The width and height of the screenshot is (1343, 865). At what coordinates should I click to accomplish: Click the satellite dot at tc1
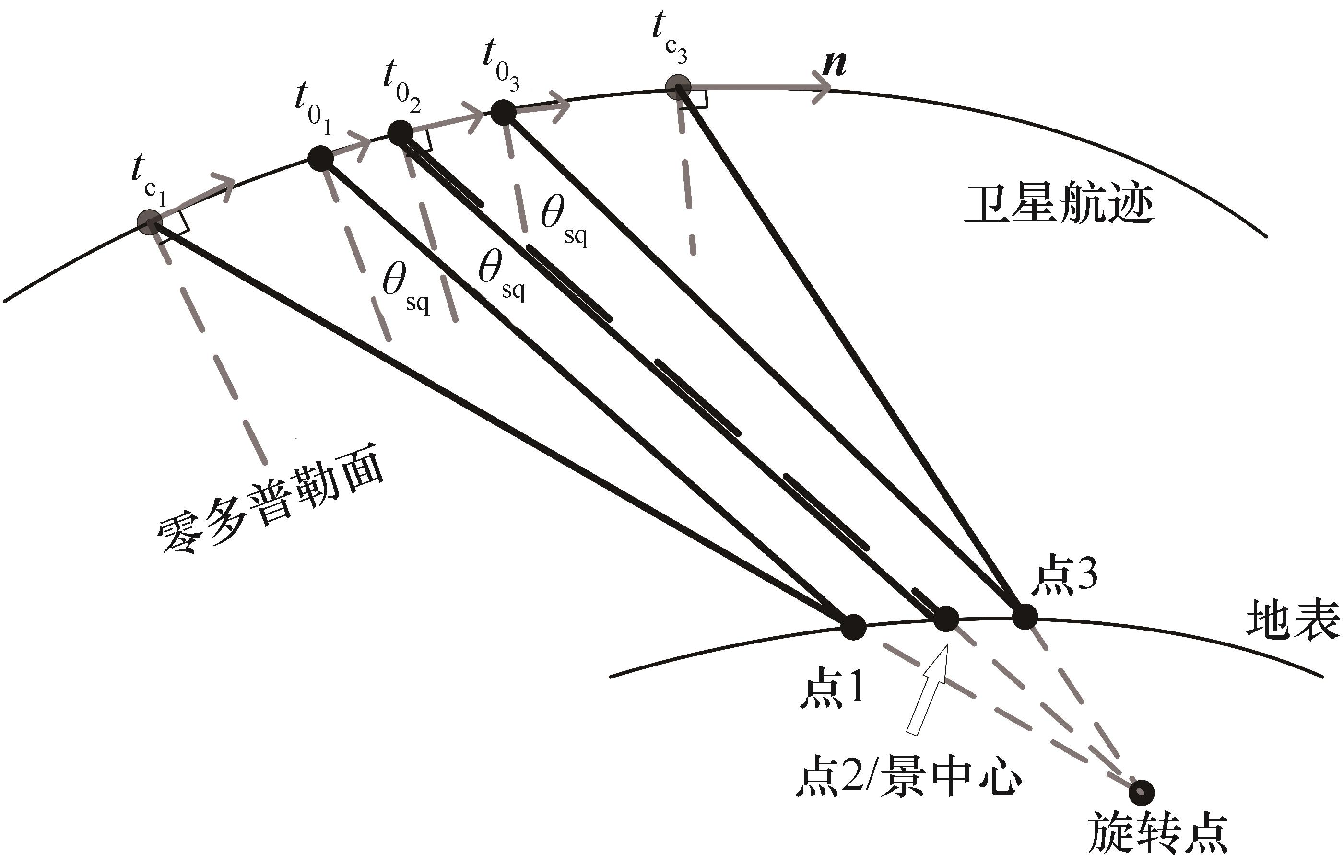point(150,222)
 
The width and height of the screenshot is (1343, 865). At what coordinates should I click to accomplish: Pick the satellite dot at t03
point(503,112)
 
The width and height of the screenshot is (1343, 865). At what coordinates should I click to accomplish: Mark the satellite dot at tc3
point(678,88)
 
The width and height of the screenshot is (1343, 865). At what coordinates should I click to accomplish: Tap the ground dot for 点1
point(853,627)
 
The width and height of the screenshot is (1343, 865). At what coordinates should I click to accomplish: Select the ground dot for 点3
point(1025,617)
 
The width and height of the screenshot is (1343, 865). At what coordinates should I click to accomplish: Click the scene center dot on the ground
point(946,619)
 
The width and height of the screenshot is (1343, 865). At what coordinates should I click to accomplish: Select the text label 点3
point(1064,576)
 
